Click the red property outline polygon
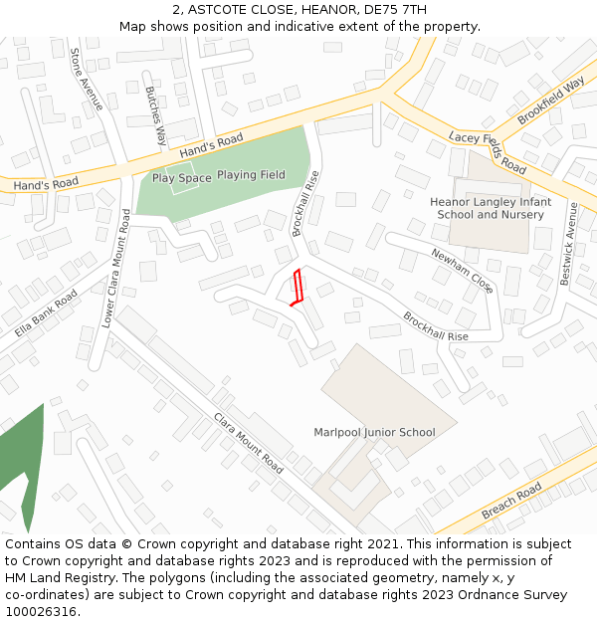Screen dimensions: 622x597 pyautogui.click(x=296, y=288)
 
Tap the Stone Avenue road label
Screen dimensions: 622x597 pyautogui.click(x=87, y=79)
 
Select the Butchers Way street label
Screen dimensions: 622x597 pyautogui.click(x=156, y=116)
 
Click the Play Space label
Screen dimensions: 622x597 pyautogui.click(x=181, y=178)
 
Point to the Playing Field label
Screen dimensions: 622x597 pyautogui.click(x=251, y=175)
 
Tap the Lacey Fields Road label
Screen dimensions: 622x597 pyautogui.click(x=487, y=151)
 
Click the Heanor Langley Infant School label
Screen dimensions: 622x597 pyautogui.click(x=490, y=208)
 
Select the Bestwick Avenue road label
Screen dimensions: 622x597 pyautogui.click(x=568, y=245)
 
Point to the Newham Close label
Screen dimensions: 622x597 pyautogui.click(x=462, y=271)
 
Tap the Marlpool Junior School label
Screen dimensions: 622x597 pyautogui.click(x=374, y=432)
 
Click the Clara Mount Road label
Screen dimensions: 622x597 pyautogui.click(x=249, y=444)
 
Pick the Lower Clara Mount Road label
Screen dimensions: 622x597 pyautogui.click(x=116, y=269)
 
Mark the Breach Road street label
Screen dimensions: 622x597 pyautogui.click(x=511, y=502)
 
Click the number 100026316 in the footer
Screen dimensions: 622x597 pyautogui.click(x=40, y=612)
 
